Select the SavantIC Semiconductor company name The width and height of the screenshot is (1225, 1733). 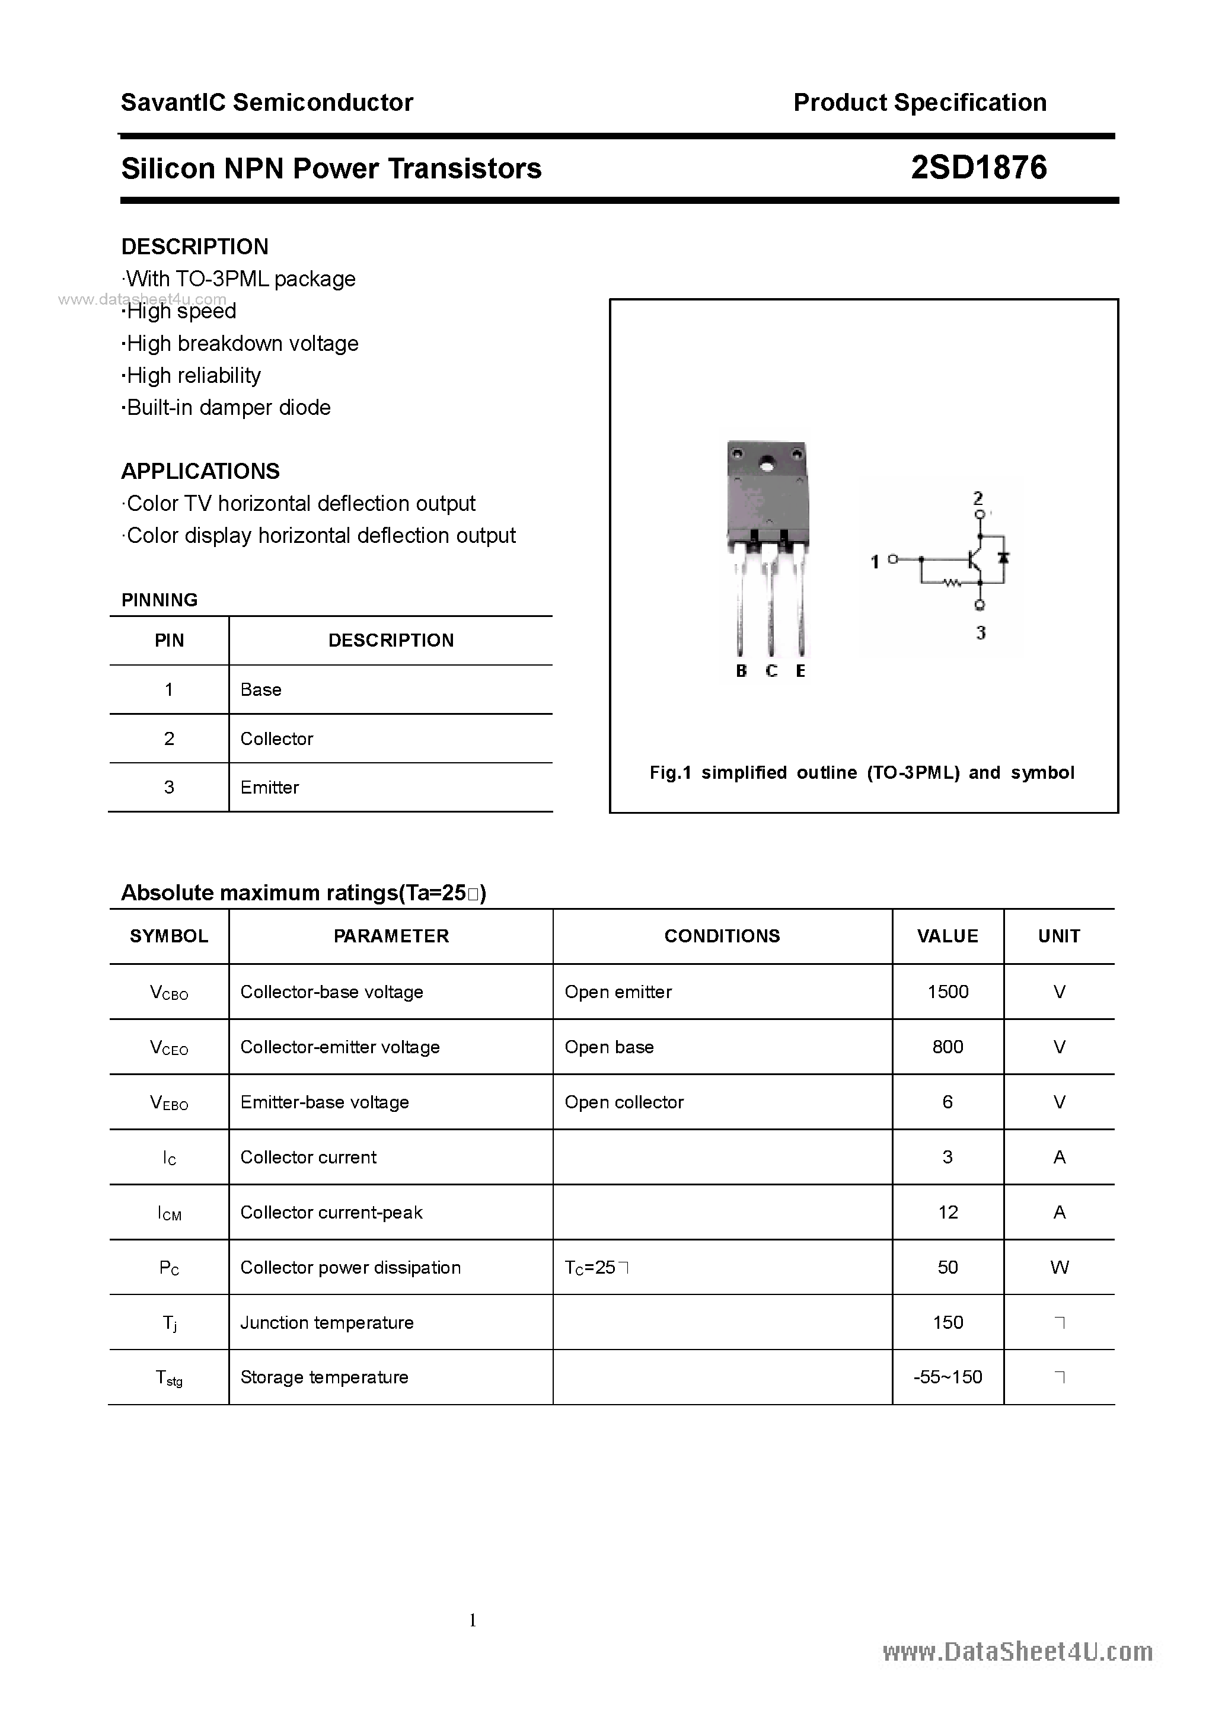[267, 103]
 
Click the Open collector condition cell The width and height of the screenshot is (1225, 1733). [624, 1102]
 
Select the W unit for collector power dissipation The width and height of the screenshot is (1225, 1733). [1059, 1267]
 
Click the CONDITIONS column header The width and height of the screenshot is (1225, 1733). [722, 936]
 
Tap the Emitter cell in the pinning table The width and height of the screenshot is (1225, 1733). [270, 787]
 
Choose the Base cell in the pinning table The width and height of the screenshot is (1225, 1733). [260, 690]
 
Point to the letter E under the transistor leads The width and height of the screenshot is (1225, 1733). [800, 670]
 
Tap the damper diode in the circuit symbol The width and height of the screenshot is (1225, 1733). [1004, 558]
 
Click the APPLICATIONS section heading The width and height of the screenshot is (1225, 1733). [200, 471]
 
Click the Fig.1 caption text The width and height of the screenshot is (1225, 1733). [862, 772]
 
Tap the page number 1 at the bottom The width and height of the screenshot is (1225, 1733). [473, 1620]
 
